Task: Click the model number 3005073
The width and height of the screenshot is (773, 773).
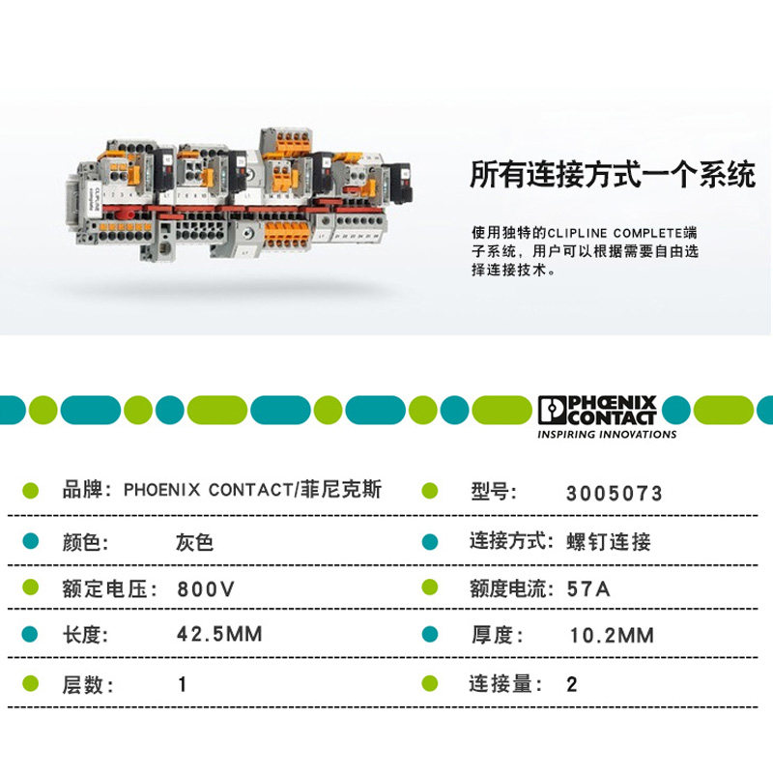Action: (x=615, y=494)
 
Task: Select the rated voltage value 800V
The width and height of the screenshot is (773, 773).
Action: (x=207, y=588)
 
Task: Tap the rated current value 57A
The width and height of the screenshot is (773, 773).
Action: (x=587, y=588)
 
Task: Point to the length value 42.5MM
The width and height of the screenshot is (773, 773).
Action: (x=219, y=635)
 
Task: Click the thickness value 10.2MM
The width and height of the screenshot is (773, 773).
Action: (x=612, y=635)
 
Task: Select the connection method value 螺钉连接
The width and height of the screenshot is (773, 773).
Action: (x=609, y=541)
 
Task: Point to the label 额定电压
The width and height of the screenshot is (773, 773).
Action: (x=104, y=588)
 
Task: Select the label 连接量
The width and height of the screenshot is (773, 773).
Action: (x=501, y=684)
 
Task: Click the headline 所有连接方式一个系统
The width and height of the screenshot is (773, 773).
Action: (x=613, y=176)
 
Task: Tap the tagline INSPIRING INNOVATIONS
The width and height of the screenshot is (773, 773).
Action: (x=607, y=435)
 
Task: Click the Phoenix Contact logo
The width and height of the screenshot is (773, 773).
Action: (x=597, y=410)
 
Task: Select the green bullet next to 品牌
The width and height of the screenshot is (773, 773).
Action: (x=30, y=490)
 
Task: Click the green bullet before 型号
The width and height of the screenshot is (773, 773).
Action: (x=430, y=491)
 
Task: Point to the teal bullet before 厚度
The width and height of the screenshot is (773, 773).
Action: (x=430, y=635)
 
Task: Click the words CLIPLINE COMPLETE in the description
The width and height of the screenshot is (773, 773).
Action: (x=615, y=233)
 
